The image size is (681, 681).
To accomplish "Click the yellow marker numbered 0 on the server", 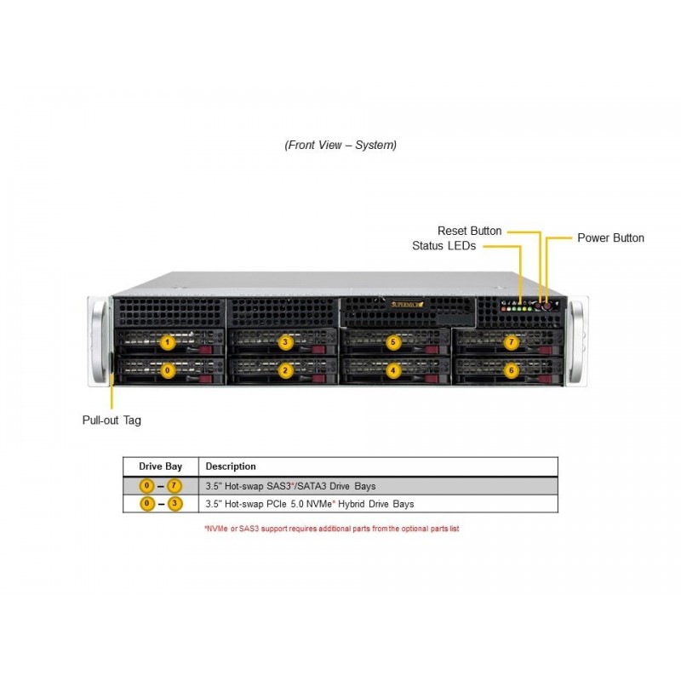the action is [168, 370].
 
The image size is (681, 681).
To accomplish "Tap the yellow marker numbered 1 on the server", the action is [168, 342].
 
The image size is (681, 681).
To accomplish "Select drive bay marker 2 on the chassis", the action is [285, 370].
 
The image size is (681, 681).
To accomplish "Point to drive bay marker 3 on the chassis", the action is [285, 342].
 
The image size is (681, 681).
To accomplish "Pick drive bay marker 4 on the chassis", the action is [393, 370].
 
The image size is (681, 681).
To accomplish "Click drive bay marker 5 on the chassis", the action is [393, 342].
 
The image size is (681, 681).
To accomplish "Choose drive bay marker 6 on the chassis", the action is [512, 370].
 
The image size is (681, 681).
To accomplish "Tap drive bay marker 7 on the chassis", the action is [512, 342].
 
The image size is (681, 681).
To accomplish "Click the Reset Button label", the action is [470, 231].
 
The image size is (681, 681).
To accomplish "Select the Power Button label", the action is [610, 238].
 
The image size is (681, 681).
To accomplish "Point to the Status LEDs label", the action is [444, 246].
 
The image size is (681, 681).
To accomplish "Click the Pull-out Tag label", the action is [112, 421].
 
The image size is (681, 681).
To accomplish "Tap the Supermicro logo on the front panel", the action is [407, 305].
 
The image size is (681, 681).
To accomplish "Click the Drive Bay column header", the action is [160, 466].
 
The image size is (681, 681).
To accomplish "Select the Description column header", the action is [231, 466].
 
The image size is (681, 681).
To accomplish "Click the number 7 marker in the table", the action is [175, 485].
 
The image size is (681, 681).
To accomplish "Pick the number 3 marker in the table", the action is [175, 504].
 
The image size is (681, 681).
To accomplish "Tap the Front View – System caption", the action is [340, 145].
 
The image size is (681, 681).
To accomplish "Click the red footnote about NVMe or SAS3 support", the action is [332, 529].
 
